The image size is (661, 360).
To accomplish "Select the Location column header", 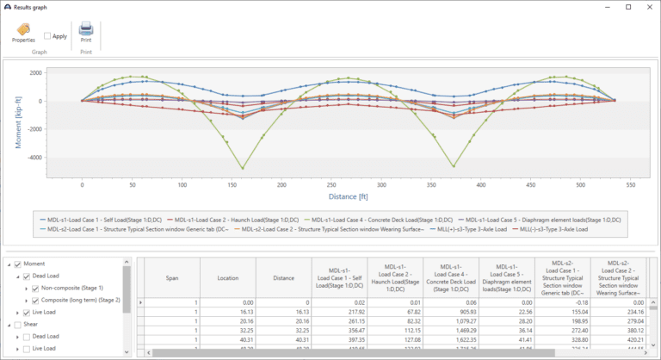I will point(228,279).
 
